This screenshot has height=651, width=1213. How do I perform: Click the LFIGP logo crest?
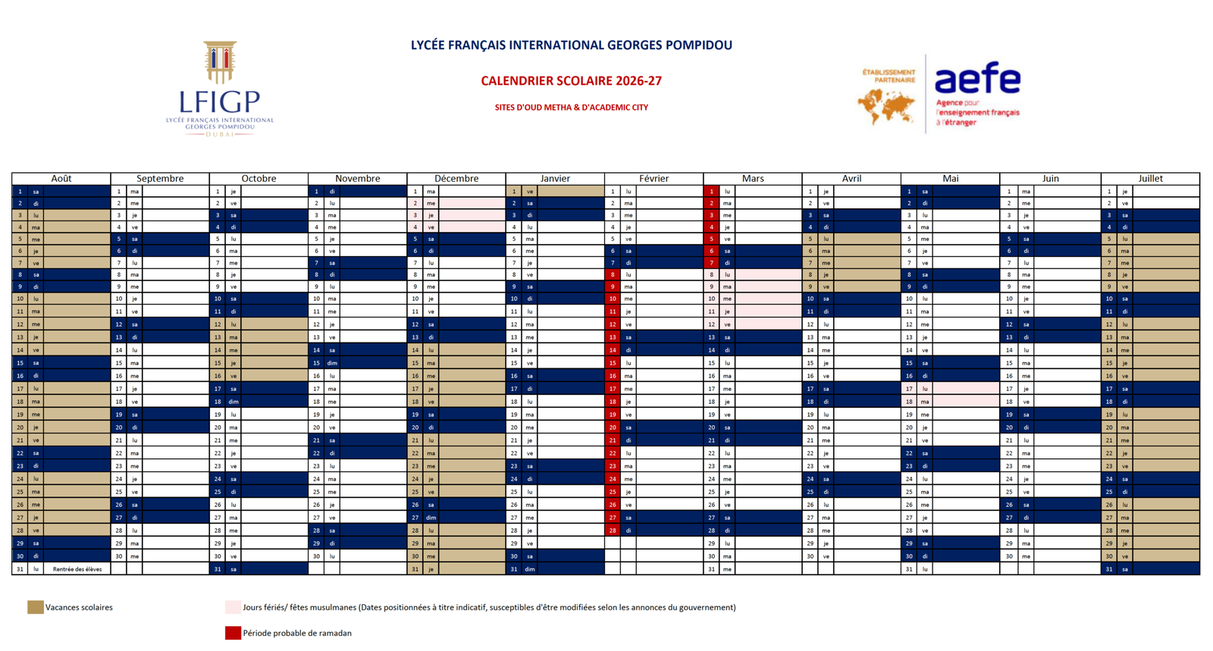pos(220,62)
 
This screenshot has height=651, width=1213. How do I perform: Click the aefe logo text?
pos(977,80)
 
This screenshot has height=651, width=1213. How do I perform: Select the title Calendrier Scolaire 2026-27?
pos(571,81)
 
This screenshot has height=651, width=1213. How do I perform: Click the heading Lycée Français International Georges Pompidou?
pos(571,45)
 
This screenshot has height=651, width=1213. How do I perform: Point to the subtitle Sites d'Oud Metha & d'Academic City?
pos(571,108)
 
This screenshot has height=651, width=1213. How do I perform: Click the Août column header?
pos(61,179)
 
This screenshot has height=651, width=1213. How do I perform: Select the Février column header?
pos(654,179)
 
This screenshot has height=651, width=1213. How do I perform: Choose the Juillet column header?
pos(1150,179)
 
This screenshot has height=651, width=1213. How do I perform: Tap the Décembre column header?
pos(456,179)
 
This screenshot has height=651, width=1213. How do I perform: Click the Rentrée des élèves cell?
pos(77,569)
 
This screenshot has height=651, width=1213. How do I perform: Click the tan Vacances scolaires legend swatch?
pos(35,607)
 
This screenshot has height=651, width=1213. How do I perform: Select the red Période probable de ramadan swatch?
pos(233,633)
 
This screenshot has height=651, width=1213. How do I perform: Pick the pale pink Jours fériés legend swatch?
pos(233,607)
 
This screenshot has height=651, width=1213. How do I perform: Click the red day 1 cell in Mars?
pos(711,192)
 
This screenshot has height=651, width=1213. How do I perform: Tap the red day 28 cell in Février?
pos(613,531)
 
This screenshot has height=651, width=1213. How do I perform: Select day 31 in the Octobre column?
pos(218,569)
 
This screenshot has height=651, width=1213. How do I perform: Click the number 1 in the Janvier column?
pos(514,192)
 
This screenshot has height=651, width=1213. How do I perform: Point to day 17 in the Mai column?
pos(909,389)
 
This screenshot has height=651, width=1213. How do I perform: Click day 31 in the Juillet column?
pos(1109,569)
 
